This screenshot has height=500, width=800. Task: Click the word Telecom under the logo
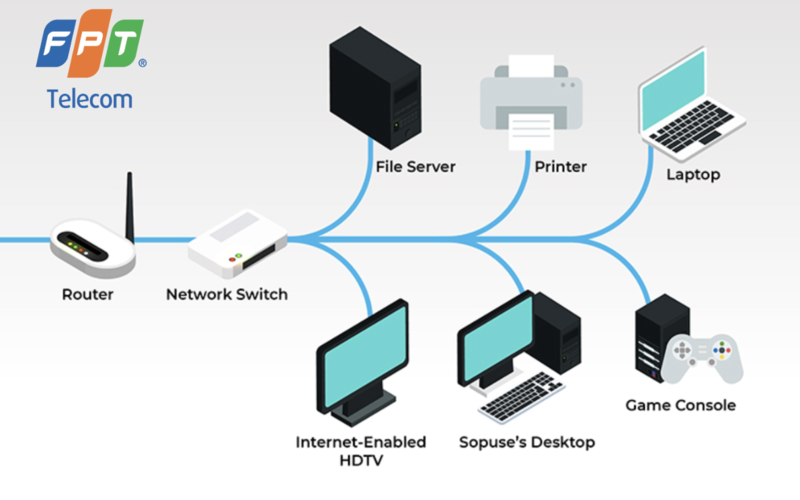click(89, 99)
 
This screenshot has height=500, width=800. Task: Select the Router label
click(88, 294)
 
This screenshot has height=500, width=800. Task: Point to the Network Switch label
click(227, 294)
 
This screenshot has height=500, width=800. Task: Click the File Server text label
click(416, 167)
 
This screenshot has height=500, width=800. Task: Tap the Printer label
click(559, 167)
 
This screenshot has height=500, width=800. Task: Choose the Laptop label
click(693, 175)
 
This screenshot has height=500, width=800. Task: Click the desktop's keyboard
click(521, 396)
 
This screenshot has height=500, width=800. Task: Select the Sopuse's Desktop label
click(526, 441)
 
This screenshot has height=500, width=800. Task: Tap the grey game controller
click(706, 355)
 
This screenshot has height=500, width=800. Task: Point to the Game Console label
click(680, 405)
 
